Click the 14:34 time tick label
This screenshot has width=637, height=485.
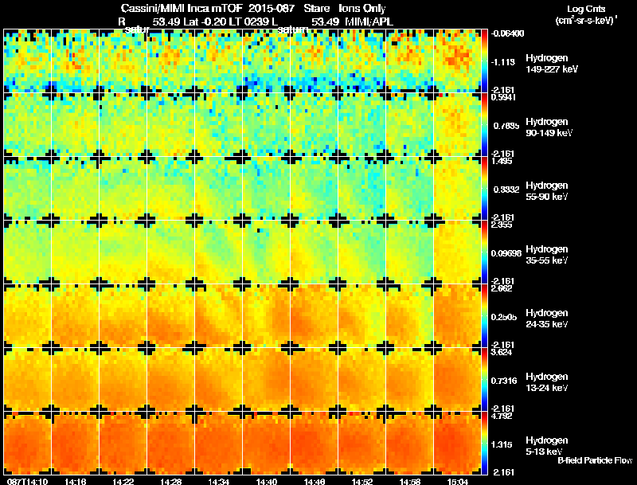click(219, 481)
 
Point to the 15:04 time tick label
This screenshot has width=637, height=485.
click(457, 481)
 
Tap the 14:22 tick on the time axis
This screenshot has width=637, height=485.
click(123, 481)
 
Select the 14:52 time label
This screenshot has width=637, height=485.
click(362, 481)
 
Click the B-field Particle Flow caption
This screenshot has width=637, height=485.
click(594, 460)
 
